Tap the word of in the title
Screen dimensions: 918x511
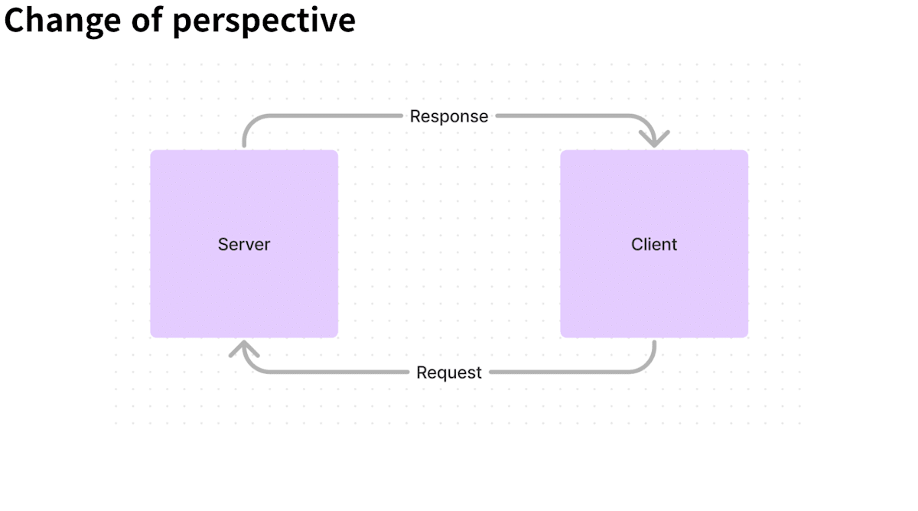click(147, 19)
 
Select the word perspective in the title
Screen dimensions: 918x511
click(265, 21)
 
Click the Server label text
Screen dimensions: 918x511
click(244, 244)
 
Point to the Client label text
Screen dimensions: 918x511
click(653, 244)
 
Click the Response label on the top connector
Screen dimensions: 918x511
click(449, 116)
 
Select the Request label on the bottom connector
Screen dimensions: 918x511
click(449, 373)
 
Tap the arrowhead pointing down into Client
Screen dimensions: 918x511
click(655, 139)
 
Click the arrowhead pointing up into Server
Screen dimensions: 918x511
click(244, 348)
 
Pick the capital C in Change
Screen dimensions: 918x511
click(15, 20)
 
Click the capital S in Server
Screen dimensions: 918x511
click(223, 244)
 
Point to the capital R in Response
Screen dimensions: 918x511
click(415, 116)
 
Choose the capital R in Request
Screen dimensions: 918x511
click(422, 373)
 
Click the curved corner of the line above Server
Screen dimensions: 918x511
click(251, 123)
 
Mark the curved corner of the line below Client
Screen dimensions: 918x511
click(647, 365)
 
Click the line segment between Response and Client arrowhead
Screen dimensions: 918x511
click(574, 116)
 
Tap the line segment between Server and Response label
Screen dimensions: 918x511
click(320, 116)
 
